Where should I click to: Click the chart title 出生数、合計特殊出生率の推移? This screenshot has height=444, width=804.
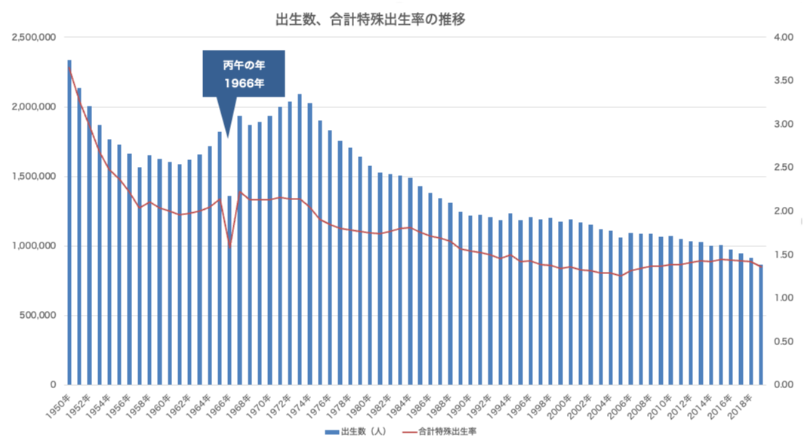click(370, 20)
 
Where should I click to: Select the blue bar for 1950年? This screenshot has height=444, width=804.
click(69, 223)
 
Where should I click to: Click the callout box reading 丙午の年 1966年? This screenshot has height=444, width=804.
click(243, 74)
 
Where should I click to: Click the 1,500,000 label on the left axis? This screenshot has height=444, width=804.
click(32, 177)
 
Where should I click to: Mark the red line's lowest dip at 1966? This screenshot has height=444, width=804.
click(229, 246)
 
